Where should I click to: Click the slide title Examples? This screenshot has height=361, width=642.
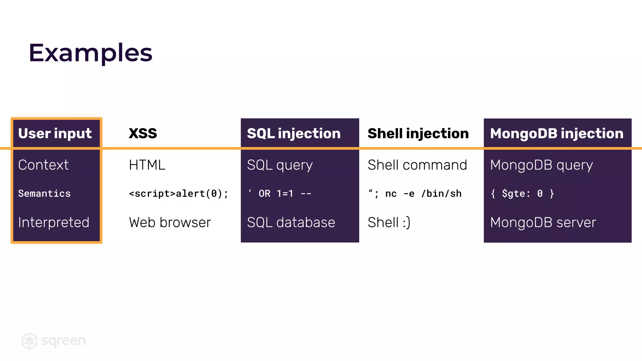tap(90, 53)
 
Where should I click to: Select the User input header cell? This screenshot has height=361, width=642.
tap(55, 133)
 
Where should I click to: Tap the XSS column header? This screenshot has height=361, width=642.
tap(143, 133)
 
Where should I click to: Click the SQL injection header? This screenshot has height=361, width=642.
tap(294, 133)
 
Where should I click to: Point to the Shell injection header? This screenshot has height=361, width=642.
tap(418, 133)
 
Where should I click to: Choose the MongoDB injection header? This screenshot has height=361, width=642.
tap(557, 133)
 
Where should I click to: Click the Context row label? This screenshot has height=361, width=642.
tap(43, 165)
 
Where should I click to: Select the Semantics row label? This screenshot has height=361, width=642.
tap(44, 194)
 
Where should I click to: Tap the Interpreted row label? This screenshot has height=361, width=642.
tap(54, 222)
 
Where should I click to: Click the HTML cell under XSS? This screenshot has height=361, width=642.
tap(147, 165)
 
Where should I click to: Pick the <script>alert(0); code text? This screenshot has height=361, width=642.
tap(178, 194)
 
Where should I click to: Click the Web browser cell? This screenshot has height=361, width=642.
tap(170, 222)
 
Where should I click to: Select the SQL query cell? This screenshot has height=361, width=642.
tap(280, 165)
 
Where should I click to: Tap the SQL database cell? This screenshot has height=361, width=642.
tap(291, 222)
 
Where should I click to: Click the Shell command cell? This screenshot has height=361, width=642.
tap(417, 165)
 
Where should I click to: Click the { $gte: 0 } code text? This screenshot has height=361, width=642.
tap(522, 194)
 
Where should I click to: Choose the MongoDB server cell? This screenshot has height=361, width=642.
tap(543, 222)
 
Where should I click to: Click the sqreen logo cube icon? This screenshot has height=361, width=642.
tap(29, 341)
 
